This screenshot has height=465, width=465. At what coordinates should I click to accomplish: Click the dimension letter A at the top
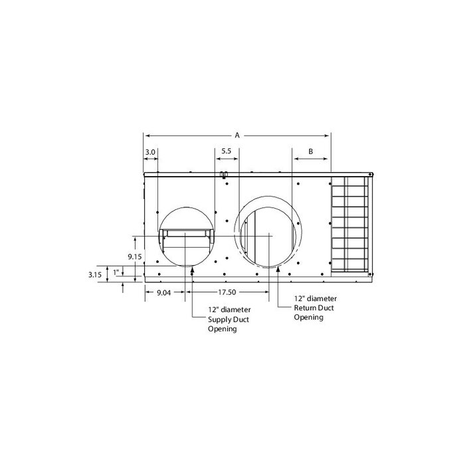point(237,134)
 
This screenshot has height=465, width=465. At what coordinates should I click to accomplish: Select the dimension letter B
point(311,151)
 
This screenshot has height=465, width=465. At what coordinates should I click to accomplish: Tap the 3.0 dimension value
point(150,151)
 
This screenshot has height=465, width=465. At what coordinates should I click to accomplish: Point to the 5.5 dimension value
point(226,151)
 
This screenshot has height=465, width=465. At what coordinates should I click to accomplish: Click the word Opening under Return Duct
point(309,318)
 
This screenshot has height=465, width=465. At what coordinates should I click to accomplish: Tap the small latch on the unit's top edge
point(224,175)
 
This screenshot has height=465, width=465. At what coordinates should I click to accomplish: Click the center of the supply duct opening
point(187,236)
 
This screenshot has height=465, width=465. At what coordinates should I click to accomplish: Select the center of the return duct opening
point(269,235)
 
